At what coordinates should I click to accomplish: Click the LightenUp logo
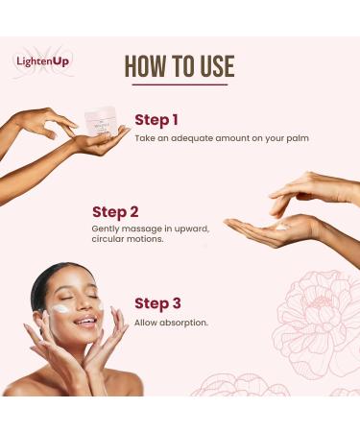point(43,61)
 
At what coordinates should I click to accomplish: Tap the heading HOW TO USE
point(180,65)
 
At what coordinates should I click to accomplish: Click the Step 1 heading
point(157,120)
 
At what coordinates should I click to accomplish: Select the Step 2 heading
point(116,212)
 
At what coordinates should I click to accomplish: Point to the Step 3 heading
point(157,303)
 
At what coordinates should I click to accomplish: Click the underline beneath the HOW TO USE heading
point(180,86)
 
